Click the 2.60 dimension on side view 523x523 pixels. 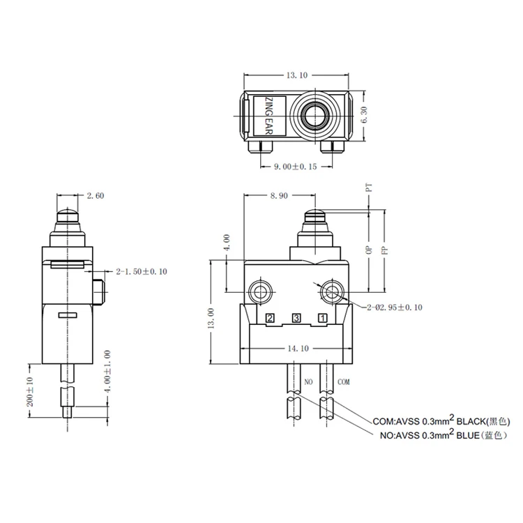click(96, 196)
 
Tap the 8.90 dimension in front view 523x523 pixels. click(278, 196)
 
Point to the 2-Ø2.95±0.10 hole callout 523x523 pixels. click(393, 307)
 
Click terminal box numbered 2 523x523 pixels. click(270, 318)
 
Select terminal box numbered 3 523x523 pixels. click(296, 318)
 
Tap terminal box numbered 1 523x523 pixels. click(322, 318)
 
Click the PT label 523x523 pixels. click(369, 187)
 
